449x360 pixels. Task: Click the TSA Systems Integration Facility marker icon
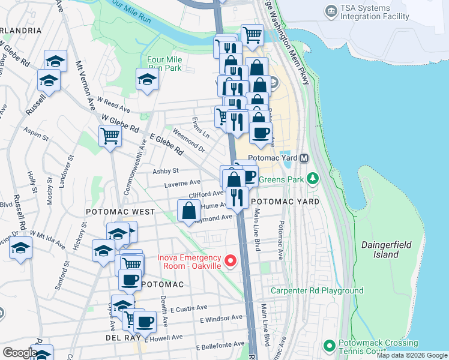click(330, 11)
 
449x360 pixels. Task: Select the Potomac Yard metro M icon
click(304, 158)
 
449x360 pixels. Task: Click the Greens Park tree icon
click(312, 178)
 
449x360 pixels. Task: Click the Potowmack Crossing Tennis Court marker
click(329, 346)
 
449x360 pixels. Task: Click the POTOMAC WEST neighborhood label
click(120, 212)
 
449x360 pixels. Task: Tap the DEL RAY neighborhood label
click(125, 338)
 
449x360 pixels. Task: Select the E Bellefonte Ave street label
click(220, 345)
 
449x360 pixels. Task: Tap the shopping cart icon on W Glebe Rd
click(110, 136)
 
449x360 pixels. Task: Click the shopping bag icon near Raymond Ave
click(188, 211)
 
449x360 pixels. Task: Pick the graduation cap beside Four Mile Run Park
click(146, 79)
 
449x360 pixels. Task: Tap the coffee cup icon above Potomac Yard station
click(261, 133)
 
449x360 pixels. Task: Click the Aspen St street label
click(35, 133)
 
